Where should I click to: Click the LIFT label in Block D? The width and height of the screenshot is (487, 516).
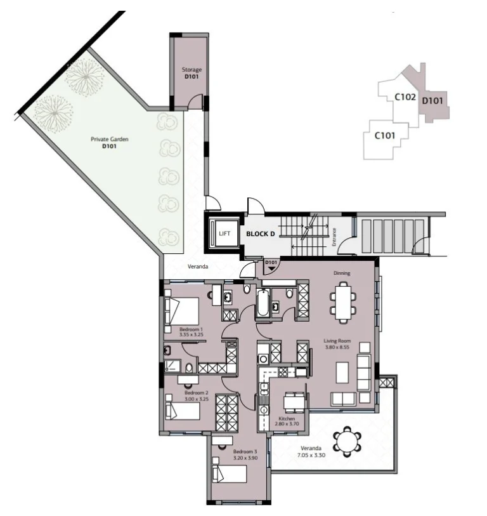(224, 234)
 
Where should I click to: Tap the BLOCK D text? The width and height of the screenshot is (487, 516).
(260, 234)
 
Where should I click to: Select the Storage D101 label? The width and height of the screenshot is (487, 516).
(192, 73)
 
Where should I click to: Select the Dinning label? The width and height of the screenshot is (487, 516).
(342, 274)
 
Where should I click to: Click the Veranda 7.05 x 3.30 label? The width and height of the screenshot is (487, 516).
(311, 452)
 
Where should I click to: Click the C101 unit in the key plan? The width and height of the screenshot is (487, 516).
(385, 135)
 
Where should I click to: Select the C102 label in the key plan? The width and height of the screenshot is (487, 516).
(405, 98)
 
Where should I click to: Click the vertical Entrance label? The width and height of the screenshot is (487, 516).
(334, 237)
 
